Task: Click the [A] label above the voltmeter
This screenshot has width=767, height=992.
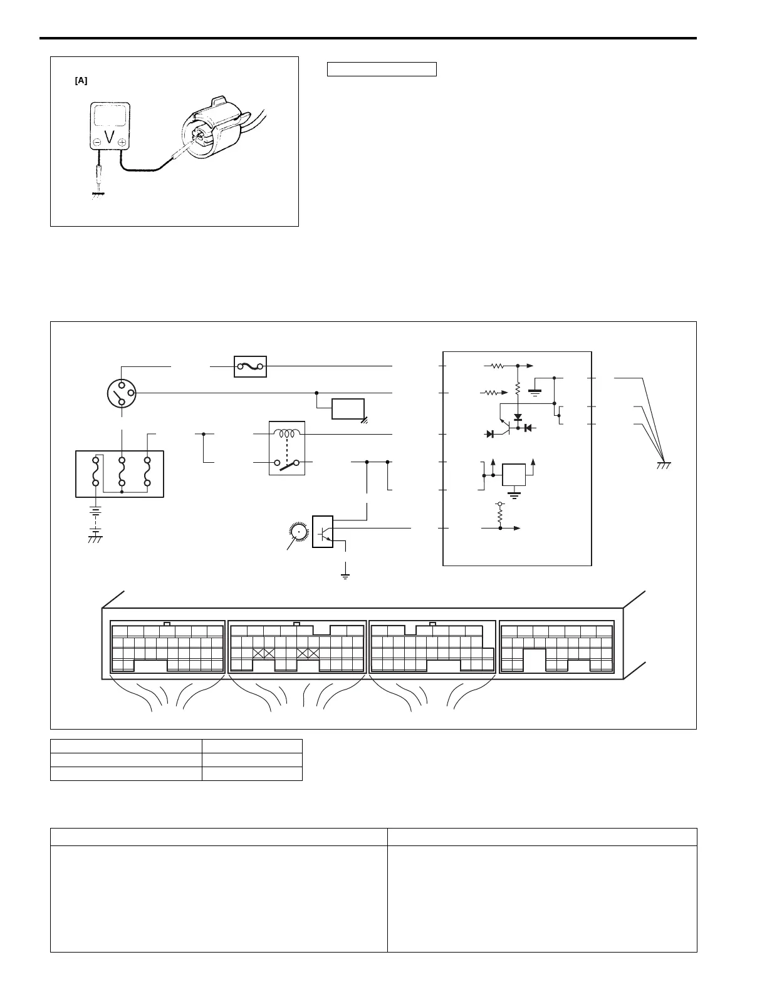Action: pyautogui.click(x=81, y=81)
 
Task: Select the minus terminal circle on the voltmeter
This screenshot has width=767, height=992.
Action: pyautogui.click(x=97, y=142)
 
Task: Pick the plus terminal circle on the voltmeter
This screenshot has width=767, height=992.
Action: pyautogui.click(x=122, y=142)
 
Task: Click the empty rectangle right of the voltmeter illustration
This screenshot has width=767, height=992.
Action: pyautogui.click(x=382, y=69)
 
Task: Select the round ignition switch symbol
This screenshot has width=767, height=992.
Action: pyautogui.click(x=122, y=393)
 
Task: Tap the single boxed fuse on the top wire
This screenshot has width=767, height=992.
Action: pyautogui.click(x=250, y=366)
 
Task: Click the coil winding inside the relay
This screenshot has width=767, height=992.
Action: pyautogui.click(x=288, y=433)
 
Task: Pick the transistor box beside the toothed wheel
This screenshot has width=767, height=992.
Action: pyautogui.click(x=323, y=531)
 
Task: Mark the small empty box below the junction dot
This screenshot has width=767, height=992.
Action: pyautogui.click(x=348, y=408)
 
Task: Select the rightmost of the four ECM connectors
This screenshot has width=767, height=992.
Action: pyautogui.click(x=557, y=647)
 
